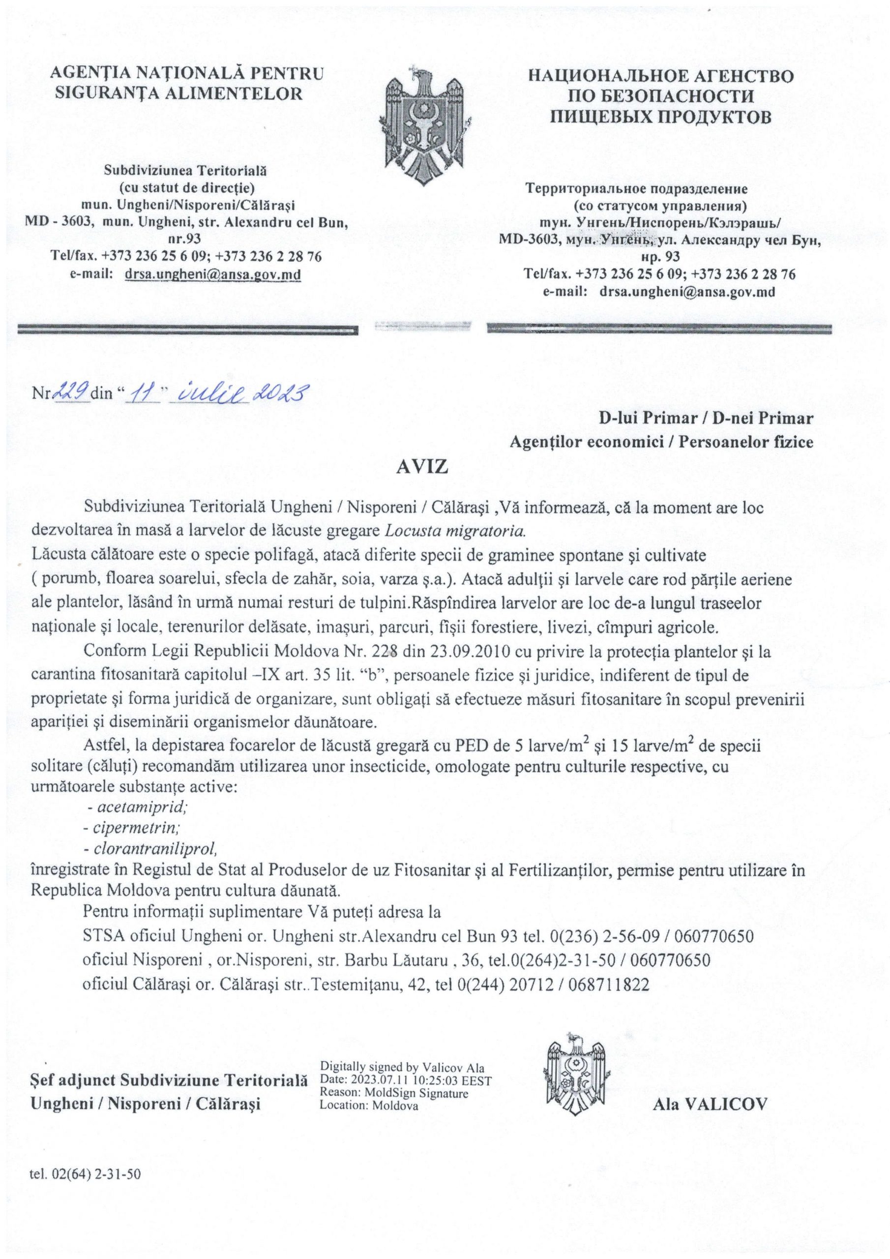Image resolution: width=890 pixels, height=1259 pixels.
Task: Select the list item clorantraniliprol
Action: coord(150,848)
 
